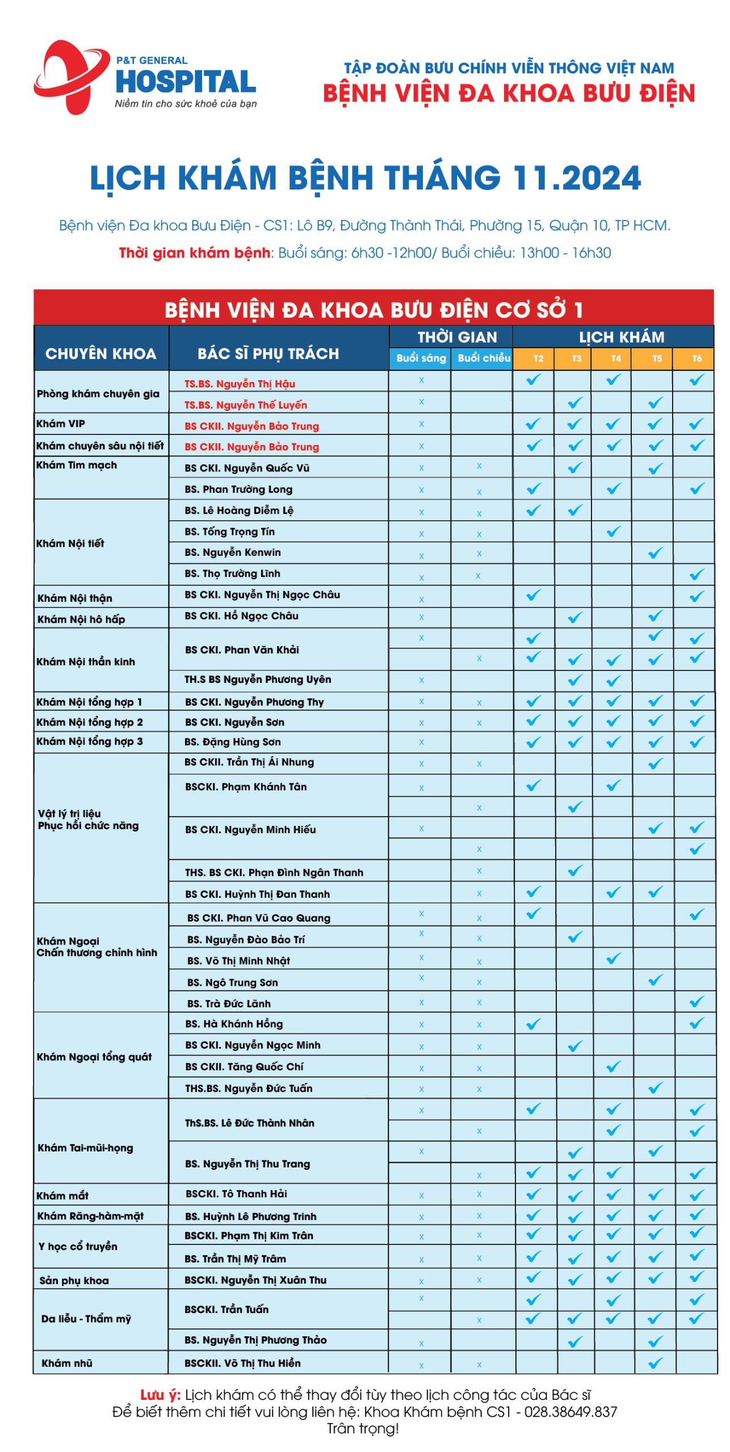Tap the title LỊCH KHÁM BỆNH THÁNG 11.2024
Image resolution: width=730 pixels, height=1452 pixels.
365,178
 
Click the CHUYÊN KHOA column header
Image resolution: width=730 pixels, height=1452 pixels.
101,353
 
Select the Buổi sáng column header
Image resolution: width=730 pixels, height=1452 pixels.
421,358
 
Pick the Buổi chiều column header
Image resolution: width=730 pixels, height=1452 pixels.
483,358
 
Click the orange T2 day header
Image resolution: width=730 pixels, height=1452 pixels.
538,358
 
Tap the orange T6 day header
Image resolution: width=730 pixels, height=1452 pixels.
697,358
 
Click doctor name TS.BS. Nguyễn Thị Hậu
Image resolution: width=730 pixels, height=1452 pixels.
240,384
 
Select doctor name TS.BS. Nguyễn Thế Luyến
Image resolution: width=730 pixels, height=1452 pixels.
245,405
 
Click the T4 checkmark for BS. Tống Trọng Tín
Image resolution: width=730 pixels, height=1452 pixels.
614,531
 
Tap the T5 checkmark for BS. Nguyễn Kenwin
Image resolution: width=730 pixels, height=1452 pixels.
656,552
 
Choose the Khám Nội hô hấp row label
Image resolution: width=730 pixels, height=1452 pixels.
81,619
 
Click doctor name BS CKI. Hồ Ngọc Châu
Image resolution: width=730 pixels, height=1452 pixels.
241,616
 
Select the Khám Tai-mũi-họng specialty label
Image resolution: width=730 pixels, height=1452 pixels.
85,1148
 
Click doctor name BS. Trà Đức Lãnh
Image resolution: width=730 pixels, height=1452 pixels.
229,1003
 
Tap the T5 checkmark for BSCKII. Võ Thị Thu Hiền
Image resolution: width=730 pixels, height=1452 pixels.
656,1363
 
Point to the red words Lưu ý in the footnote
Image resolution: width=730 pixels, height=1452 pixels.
160,1395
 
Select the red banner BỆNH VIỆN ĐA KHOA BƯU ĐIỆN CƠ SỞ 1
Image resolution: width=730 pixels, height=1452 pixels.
374,310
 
